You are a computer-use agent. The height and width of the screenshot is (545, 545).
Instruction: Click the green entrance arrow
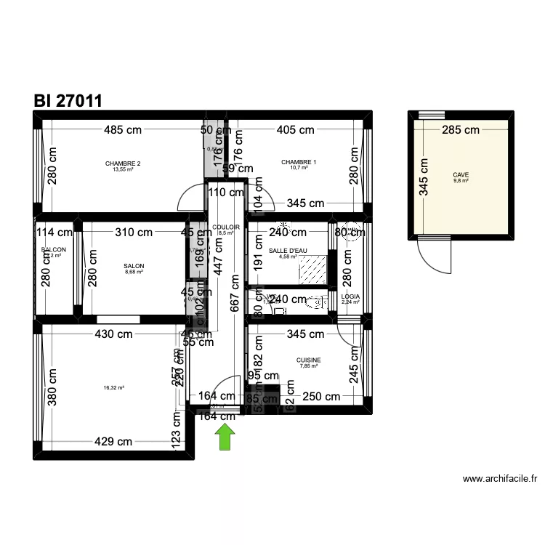tap(226, 437)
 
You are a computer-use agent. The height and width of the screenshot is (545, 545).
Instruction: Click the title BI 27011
tap(67, 101)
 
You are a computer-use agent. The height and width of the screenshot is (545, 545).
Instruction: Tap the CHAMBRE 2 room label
tap(123, 163)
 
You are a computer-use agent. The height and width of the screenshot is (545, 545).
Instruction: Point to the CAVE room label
tap(461, 175)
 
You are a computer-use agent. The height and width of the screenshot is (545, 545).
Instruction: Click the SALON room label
tap(134, 267)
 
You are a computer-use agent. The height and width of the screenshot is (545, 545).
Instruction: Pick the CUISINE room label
tap(308, 360)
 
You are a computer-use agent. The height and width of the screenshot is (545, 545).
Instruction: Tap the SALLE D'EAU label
tap(288, 251)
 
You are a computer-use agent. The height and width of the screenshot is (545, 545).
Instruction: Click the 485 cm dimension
tap(122, 130)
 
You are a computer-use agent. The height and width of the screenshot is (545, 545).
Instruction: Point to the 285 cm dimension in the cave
tap(461, 130)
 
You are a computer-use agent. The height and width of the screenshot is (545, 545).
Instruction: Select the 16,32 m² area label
tap(114, 388)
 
